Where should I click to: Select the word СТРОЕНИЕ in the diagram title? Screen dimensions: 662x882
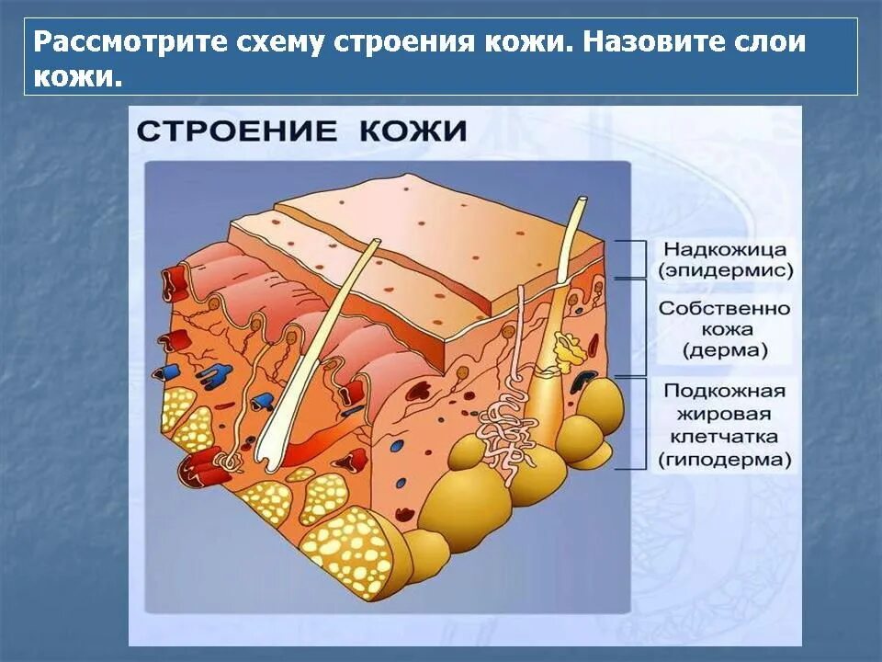(238, 130)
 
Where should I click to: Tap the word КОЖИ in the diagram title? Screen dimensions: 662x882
(413, 130)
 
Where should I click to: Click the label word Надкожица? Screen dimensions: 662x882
(725, 250)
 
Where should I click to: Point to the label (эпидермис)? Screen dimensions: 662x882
(725, 271)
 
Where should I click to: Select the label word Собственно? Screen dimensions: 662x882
(725, 309)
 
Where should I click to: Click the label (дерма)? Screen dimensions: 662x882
(725, 350)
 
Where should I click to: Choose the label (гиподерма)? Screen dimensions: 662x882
(725, 459)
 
